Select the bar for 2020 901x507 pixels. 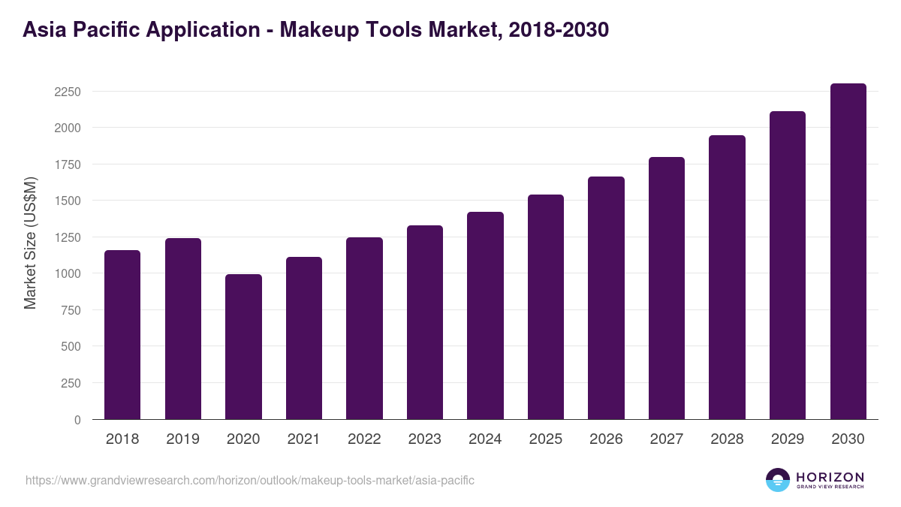pos(243,347)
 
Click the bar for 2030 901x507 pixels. pos(848,252)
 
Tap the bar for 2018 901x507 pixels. pos(122,335)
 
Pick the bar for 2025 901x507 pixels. pos(546,307)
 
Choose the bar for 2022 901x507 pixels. pos(364,328)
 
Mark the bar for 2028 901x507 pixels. pos(727,277)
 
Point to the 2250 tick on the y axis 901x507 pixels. pos(68,92)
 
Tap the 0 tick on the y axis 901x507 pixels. pos(77,420)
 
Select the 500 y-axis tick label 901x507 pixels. pos(71,347)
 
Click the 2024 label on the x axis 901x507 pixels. pos(485,439)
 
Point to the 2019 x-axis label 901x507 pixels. pos(183,439)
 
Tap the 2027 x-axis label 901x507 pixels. pos(667,439)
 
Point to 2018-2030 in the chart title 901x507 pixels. pos(558,30)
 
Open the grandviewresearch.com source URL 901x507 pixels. pos(250,480)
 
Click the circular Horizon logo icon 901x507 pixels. pos(778,480)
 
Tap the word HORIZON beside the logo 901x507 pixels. pos(830,477)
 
